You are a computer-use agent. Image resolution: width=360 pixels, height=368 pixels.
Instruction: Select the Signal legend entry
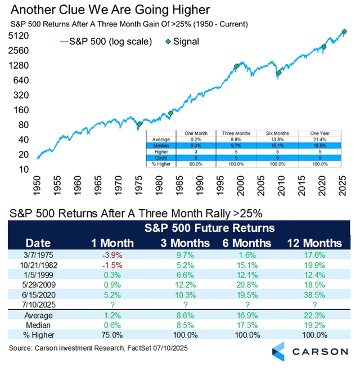(183, 41)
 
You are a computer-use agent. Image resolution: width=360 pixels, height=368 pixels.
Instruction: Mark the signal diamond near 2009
(278, 73)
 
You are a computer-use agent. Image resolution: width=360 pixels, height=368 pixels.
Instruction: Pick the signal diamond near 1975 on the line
(140, 124)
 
